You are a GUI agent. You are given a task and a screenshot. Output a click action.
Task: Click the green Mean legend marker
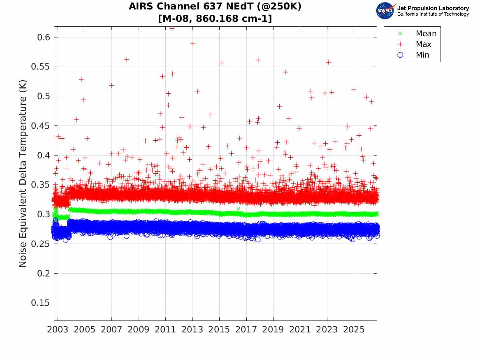coord(400,33)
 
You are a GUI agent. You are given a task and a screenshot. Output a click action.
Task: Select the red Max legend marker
coord(400,44)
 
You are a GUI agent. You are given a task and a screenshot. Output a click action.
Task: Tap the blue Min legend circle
coord(400,55)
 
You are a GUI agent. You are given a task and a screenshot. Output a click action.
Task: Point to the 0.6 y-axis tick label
coord(44,37)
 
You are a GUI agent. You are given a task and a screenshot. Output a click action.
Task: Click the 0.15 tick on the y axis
coord(40,303)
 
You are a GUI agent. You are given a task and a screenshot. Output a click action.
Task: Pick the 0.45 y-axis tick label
coord(40,126)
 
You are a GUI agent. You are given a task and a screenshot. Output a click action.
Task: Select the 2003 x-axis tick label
coord(58,330)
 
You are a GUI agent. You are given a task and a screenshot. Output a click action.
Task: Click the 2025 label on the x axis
coord(354,330)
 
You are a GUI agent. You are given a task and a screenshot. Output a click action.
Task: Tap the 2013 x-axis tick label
coord(192,330)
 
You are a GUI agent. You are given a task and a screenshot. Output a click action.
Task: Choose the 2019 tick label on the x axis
coord(273,330)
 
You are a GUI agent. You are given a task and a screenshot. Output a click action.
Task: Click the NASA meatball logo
coord(385,11)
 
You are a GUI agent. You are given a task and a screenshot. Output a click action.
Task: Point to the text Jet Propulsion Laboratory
coord(433,8)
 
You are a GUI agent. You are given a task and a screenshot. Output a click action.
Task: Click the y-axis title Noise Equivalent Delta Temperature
coord(23,174)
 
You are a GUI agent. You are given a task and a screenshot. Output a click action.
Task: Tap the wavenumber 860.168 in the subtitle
coord(217,19)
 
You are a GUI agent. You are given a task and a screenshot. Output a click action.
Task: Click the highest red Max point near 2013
coord(193,44)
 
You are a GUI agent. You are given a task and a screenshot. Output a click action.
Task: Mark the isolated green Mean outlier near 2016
coord(238,209)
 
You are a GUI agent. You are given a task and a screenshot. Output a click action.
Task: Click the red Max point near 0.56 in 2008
coord(126,59)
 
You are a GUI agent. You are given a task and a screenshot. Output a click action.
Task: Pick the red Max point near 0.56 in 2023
coord(329,62)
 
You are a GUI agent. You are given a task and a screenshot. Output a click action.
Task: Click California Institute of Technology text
coord(433,14)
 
